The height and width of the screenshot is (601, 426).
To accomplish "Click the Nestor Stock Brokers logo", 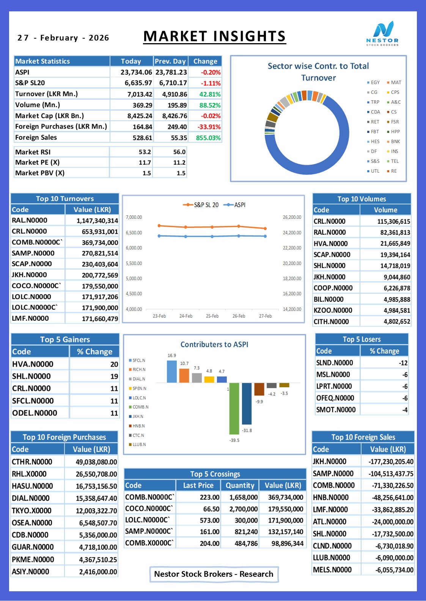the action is pos(382,33).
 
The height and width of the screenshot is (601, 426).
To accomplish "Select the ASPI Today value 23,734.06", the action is pos(136,72).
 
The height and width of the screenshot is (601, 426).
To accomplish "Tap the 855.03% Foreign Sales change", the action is pos(208,138).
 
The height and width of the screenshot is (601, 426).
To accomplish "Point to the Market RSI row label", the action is pos(33,152).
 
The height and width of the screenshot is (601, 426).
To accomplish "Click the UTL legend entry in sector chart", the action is pos(373,171).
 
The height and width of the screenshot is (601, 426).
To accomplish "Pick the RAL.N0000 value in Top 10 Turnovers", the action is pos(97,220).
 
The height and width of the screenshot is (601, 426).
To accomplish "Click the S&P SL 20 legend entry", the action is pos(201,205).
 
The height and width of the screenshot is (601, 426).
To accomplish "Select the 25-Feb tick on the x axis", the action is pos(212,316).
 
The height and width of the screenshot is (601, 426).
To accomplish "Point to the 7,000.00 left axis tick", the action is pos(134,217).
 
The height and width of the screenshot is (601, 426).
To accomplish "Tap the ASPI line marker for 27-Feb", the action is pos(265,236).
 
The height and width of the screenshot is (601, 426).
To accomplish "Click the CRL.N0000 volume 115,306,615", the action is pos(394,221).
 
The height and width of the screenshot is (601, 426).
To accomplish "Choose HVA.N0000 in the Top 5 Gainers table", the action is pos(33,364).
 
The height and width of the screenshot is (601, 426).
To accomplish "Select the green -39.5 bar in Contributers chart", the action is pos(234,408).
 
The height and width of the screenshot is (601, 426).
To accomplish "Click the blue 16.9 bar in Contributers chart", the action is pos(172,372).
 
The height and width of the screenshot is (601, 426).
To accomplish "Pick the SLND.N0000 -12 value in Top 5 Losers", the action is pos(403,363).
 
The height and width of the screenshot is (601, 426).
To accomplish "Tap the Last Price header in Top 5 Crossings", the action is pos(198,485).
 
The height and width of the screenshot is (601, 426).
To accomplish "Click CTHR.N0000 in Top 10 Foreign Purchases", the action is pos(32,462).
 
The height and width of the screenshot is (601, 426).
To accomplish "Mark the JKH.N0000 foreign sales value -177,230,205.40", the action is pos(391,462).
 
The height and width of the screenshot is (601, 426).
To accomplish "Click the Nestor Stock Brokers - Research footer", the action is pos(214,574).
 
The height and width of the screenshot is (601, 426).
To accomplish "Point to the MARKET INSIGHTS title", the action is pos(214,36).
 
